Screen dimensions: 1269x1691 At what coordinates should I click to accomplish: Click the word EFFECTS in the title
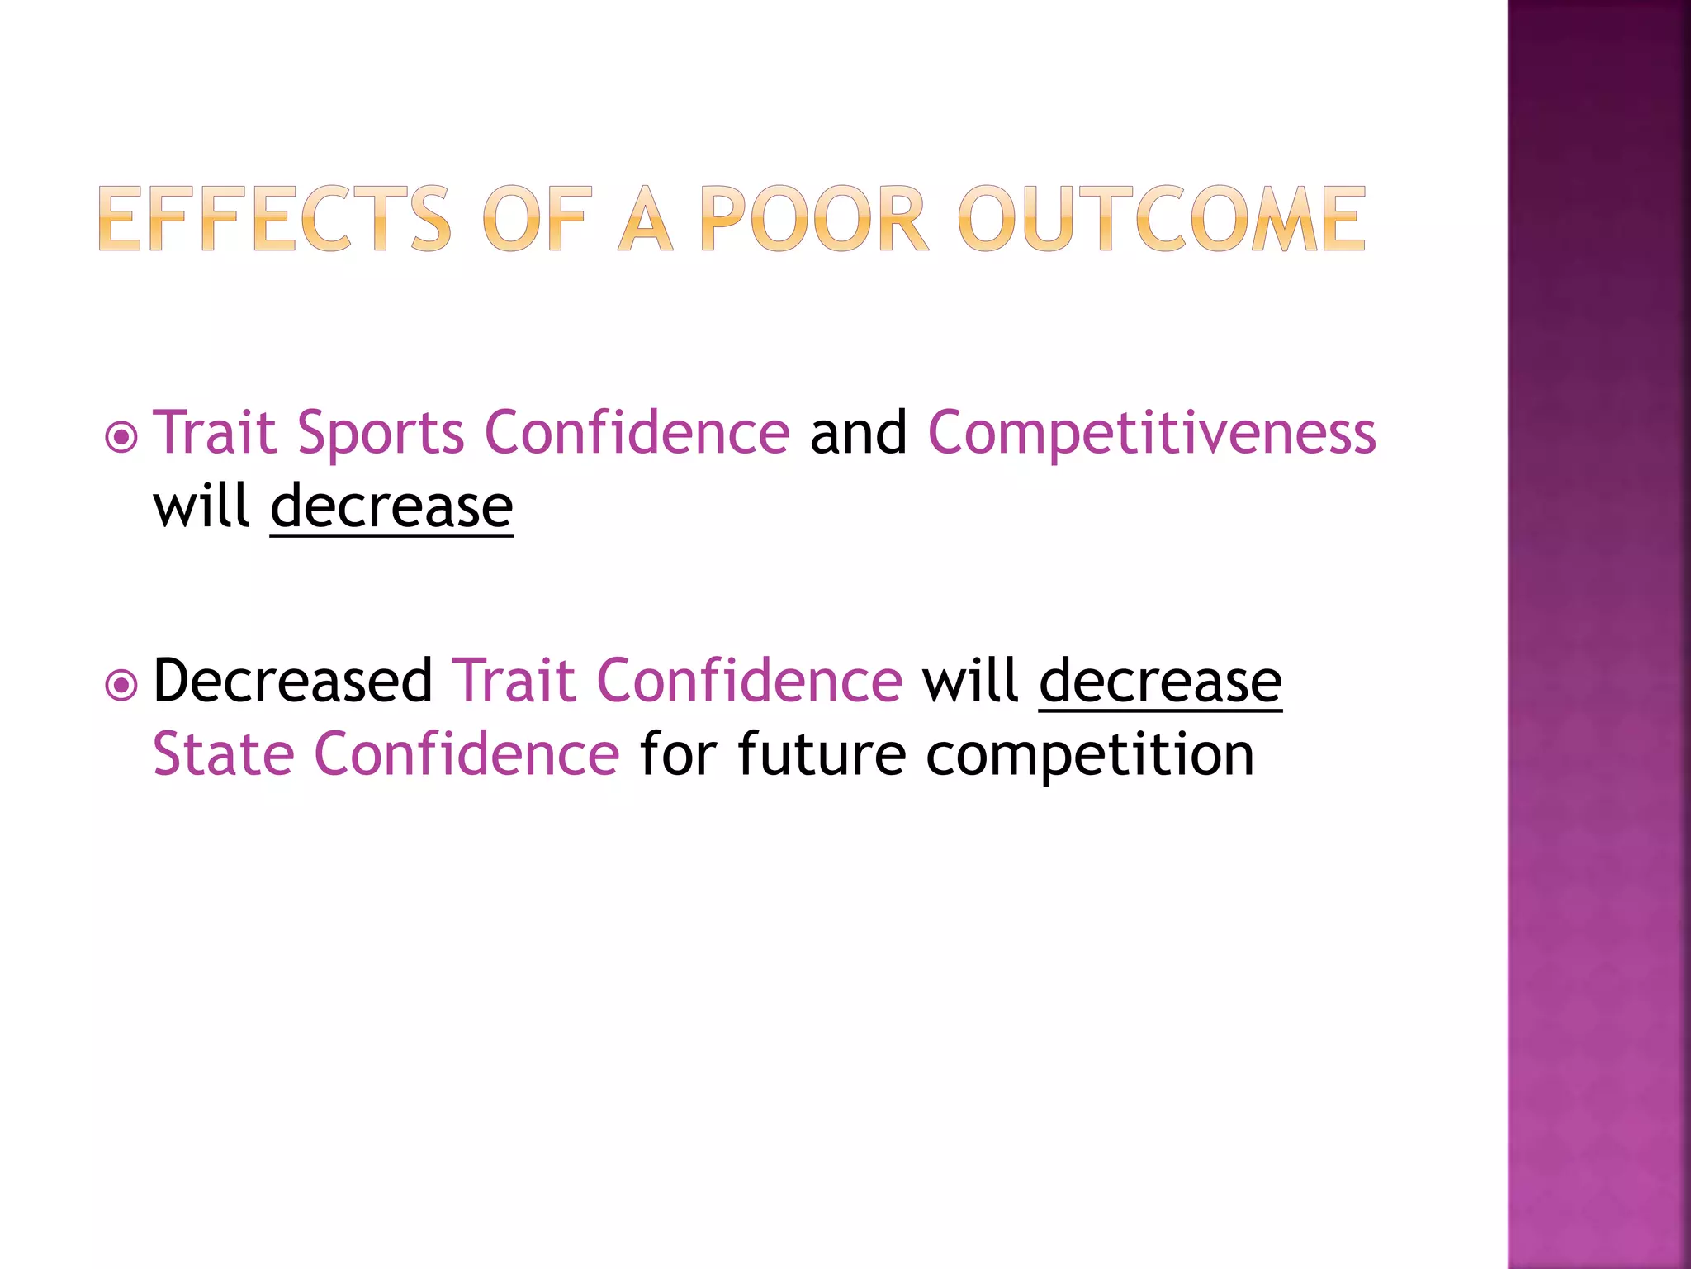point(275,219)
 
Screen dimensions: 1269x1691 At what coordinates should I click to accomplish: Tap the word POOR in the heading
point(814,219)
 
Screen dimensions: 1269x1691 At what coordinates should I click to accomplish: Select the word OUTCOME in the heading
point(1162,219)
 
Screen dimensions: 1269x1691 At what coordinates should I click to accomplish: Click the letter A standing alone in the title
point(646,219)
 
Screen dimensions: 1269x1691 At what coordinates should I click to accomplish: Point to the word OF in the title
point(538,219)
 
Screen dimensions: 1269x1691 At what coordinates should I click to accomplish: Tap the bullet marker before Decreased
point(122,685)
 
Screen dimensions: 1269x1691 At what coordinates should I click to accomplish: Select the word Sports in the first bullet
point(381,433)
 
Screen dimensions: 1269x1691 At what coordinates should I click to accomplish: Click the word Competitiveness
point(1152,433)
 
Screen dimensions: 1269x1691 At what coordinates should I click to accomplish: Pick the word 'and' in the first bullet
point(858,433)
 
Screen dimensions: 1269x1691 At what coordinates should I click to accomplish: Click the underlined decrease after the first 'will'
point(391,506)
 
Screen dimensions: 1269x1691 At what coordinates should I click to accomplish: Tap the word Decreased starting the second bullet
point(293,681)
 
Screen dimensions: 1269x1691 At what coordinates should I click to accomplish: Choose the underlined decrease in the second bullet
point(1160,681)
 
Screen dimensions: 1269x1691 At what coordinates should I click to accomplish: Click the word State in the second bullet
point(224,754)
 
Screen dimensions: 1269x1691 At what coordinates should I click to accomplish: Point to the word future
point(822,754)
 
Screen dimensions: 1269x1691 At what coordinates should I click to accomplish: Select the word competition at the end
point(1089,754)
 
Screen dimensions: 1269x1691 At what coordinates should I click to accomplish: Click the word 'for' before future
point(677,754)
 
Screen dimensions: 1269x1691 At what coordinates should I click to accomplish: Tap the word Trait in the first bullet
point(215,433)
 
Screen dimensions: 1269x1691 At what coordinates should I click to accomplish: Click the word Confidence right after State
point(467,754)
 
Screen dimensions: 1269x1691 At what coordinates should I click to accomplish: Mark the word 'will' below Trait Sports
point(201,506)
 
